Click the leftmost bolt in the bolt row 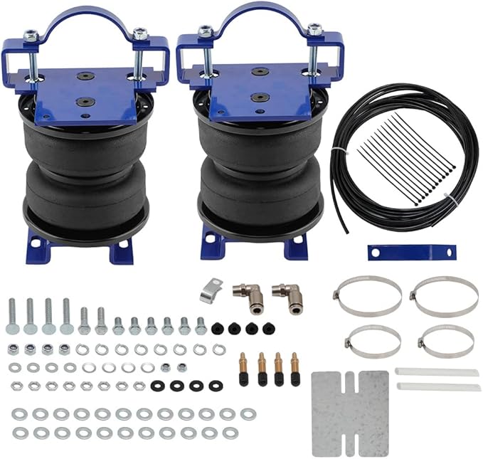click(x=13, y=316)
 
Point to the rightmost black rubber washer click(x=213, y=385)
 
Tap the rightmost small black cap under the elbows click(x=268, y=328)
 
